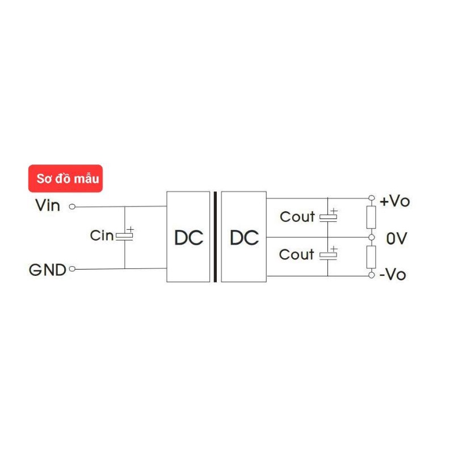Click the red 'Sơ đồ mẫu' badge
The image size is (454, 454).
[65, 179]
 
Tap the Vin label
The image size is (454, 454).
[48, 205]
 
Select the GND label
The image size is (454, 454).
[48, 270]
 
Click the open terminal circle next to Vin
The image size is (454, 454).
[72, 207]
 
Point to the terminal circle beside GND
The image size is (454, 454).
[72, 270]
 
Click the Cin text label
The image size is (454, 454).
[102, 236]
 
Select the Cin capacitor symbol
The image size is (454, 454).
[125, 236]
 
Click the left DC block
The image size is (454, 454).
[188, 237]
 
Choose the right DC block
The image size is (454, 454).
[244, 237]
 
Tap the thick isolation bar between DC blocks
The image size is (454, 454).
[216, 237]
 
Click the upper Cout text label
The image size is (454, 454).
[297, 217]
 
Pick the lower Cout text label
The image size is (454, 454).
[297, 255]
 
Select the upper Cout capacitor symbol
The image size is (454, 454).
[328, 216]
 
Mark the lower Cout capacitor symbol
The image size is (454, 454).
[328, 255]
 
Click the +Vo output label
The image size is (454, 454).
[394, 201]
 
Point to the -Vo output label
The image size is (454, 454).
[393, 275]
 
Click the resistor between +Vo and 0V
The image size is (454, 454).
[372, 217]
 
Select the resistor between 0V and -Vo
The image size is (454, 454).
[372, 257]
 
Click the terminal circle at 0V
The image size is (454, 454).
[372, 237]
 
